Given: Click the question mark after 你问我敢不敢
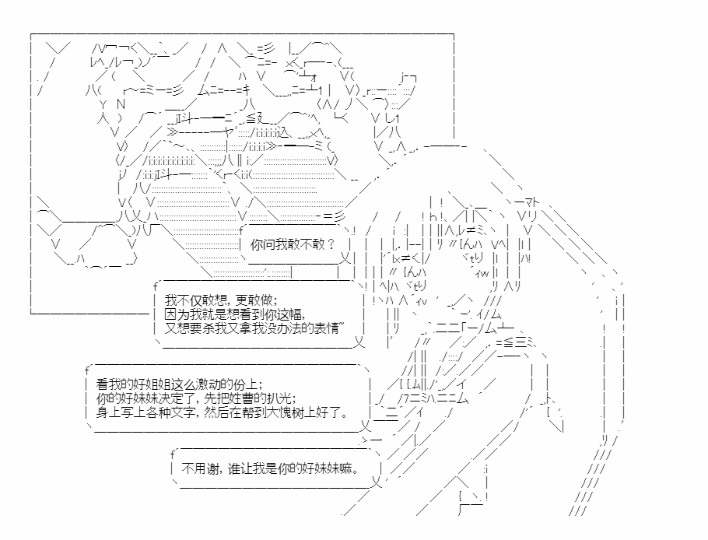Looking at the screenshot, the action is [x=331, y=245].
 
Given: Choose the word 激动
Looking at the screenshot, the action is [x=209, y=384].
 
